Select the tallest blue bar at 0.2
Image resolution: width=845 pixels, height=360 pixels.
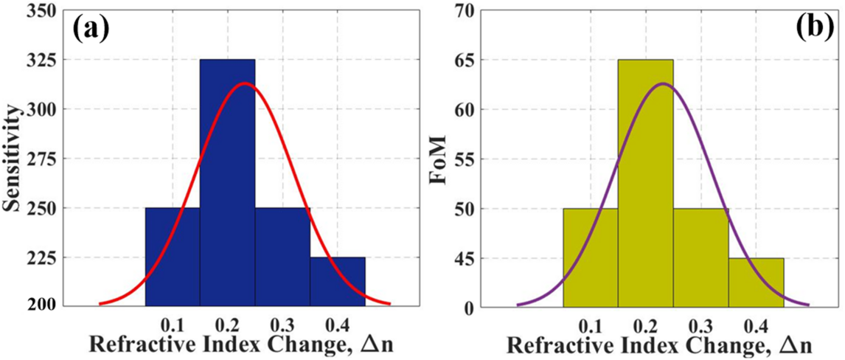[x=227, y=184]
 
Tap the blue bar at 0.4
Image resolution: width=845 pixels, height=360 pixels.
[x=337, y=282]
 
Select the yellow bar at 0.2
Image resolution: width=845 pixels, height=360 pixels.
[x=645, y=184]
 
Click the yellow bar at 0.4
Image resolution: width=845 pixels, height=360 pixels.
[x=756, y=282]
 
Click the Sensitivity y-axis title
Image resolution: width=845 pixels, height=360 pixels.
[x=13, y=158]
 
